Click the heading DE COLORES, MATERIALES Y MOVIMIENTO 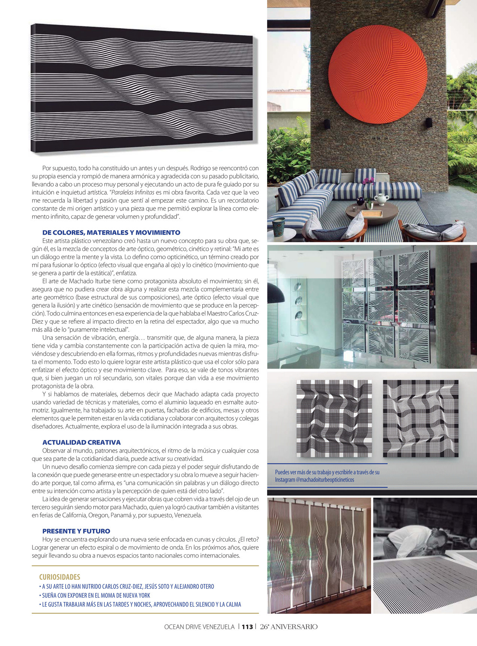(x=111, y=233)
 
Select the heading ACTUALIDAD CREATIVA (x=81, y=442)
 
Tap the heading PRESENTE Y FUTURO (x=76, y=531)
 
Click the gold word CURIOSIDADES (x=59, y=577)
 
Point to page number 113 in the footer (x=247, y=627)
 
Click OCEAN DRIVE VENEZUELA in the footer (x=199, y=627)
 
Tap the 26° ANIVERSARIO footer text (x=289, y=627)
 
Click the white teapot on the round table (x=382, y=199)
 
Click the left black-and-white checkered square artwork (x=334, y=419)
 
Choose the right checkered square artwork (x=421, y=419)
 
